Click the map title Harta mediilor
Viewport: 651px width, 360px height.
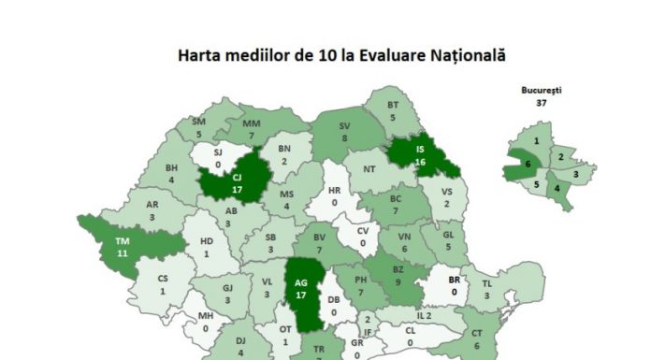pyautogui.click(x=341, y=56)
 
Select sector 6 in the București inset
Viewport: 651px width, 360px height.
pyautogui.click(x=528, y=165)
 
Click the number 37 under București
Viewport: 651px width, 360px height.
pyautogui.click(x=541, y=103)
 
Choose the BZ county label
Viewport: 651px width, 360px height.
pyautogui.click(x=398, y=274)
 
